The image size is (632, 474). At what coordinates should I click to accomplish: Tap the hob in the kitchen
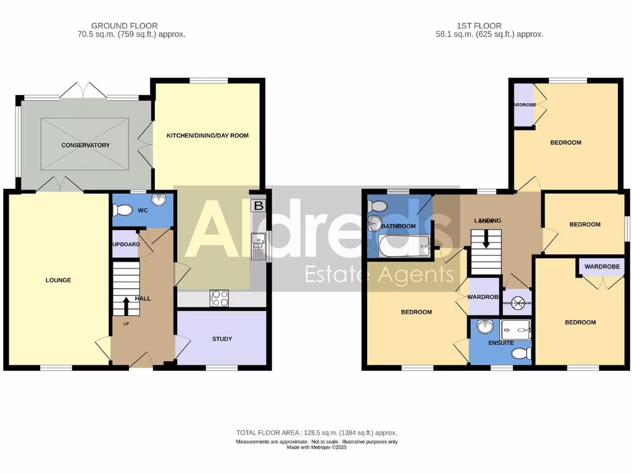(220, 298)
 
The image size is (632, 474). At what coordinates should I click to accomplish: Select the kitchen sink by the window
(257, 246)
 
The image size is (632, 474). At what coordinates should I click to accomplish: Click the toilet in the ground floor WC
(123, 211)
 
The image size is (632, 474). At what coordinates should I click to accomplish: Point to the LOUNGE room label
(58, 280)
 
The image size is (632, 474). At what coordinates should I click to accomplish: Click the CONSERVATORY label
(85, 146)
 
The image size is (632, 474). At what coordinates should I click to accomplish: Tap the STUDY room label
(222, 339)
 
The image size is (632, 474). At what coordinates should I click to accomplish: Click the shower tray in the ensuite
(516, 330)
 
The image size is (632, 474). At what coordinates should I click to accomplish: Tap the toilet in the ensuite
(522, 354)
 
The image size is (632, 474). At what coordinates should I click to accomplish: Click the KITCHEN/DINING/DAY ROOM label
(207, 135)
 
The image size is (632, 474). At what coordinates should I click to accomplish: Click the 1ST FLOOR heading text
(479, 26)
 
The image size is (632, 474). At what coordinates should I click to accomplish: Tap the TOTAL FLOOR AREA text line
(317, 433)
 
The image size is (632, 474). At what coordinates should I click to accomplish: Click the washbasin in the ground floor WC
(159, 200)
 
